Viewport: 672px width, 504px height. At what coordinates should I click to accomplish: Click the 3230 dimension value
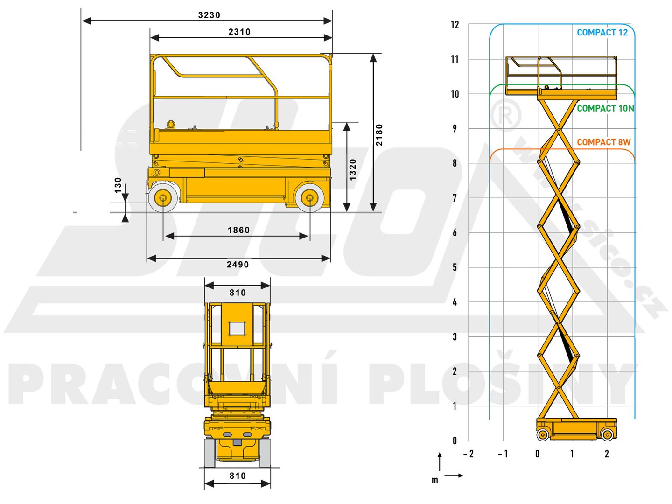pyautogui.click(x=209, y=15)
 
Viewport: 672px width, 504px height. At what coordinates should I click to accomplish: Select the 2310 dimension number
pyautogui.click(x=239, y=32)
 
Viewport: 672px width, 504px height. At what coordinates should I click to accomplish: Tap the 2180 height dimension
pyautogui.click(x=379, y=135)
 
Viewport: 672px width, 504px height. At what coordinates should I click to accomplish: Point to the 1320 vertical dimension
pyautogui.click(x=353, y=169)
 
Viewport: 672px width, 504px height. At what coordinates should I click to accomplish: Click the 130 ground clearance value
pyautogui.click(x=118, y=185)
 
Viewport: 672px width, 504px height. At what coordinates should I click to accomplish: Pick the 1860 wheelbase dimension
pyautogui.click(x=238, y=230)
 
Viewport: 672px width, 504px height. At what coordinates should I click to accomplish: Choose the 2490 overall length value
pyautogui.click(x=238, y=265)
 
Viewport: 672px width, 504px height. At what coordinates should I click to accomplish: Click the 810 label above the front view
pyautogui.click(x=238, y=293)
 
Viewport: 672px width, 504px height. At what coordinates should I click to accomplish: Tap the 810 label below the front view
pyautogui.click(x=238, y=476)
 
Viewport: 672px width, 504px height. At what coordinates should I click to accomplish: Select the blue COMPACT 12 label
pyautogui.click(x=602, y=33)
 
